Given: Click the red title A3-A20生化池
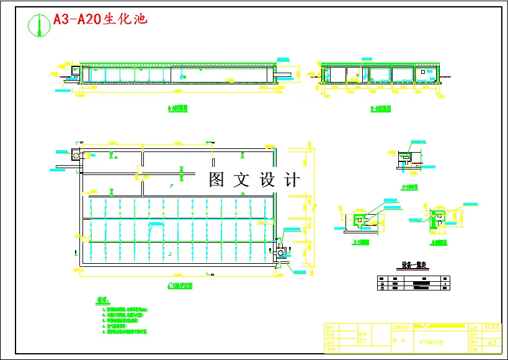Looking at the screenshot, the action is pos(100,19).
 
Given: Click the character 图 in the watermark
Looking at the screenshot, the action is pos(216,180).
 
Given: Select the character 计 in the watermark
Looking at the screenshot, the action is pos(292,180).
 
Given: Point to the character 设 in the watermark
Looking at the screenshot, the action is pos(267,180).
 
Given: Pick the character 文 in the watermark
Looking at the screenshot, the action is pos(241,180).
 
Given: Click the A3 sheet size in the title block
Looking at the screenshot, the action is pos(492,342).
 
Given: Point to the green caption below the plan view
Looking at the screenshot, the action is pos(180,286).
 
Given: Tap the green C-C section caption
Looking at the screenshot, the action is pos(409,186).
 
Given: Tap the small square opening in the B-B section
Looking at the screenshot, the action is pos(424,72).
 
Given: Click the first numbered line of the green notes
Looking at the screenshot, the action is pos(125,308).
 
